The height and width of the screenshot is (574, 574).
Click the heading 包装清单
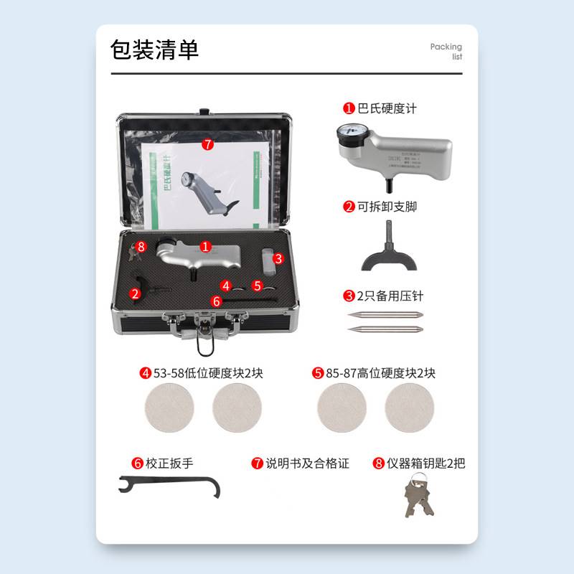coord(154,50)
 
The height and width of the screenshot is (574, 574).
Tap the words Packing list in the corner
coord(446,52)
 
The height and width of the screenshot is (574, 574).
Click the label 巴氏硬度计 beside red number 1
coord(387,108)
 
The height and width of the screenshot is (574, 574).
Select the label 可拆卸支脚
coord(387,207)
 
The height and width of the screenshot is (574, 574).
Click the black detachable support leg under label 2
coord(388,255)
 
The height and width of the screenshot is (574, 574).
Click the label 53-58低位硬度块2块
coord(209,373)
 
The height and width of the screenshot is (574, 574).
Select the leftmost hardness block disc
coord(169,408)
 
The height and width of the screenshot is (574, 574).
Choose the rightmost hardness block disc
coord(409,408)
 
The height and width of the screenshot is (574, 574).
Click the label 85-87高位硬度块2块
coord(381,373)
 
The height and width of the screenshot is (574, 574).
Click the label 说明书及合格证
coord(307,464)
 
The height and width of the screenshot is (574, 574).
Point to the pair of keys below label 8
coord(418,497)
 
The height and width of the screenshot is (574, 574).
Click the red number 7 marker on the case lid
coord(207,144)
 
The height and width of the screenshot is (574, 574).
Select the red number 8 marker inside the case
coord(141,246)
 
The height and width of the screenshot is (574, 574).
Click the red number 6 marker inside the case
coord(217,302)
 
